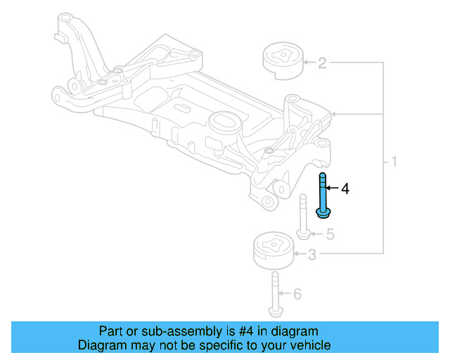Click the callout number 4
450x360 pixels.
coord(345,188)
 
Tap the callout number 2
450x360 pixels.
coord(322,64)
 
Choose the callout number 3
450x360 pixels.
coord(312,255)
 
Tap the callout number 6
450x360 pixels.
coord(297,293)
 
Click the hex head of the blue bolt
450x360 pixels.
coord(323,213)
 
